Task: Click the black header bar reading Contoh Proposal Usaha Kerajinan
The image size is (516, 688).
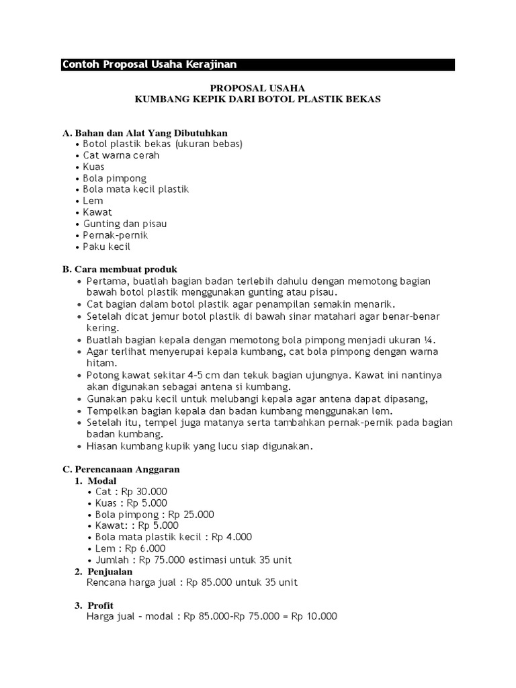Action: [x=258, y=64]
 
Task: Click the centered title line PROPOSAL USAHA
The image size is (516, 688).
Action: [x=258, y=88]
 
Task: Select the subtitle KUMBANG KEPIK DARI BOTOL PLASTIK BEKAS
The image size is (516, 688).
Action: [x=258, y=99]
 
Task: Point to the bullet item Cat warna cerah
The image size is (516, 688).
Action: [x=121, y=155]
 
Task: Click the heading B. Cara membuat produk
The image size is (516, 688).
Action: [x=120, y=269]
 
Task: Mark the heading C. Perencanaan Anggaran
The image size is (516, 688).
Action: [x=121, y=469]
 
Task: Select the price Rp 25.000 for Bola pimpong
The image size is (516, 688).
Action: [x=191, y=515]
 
